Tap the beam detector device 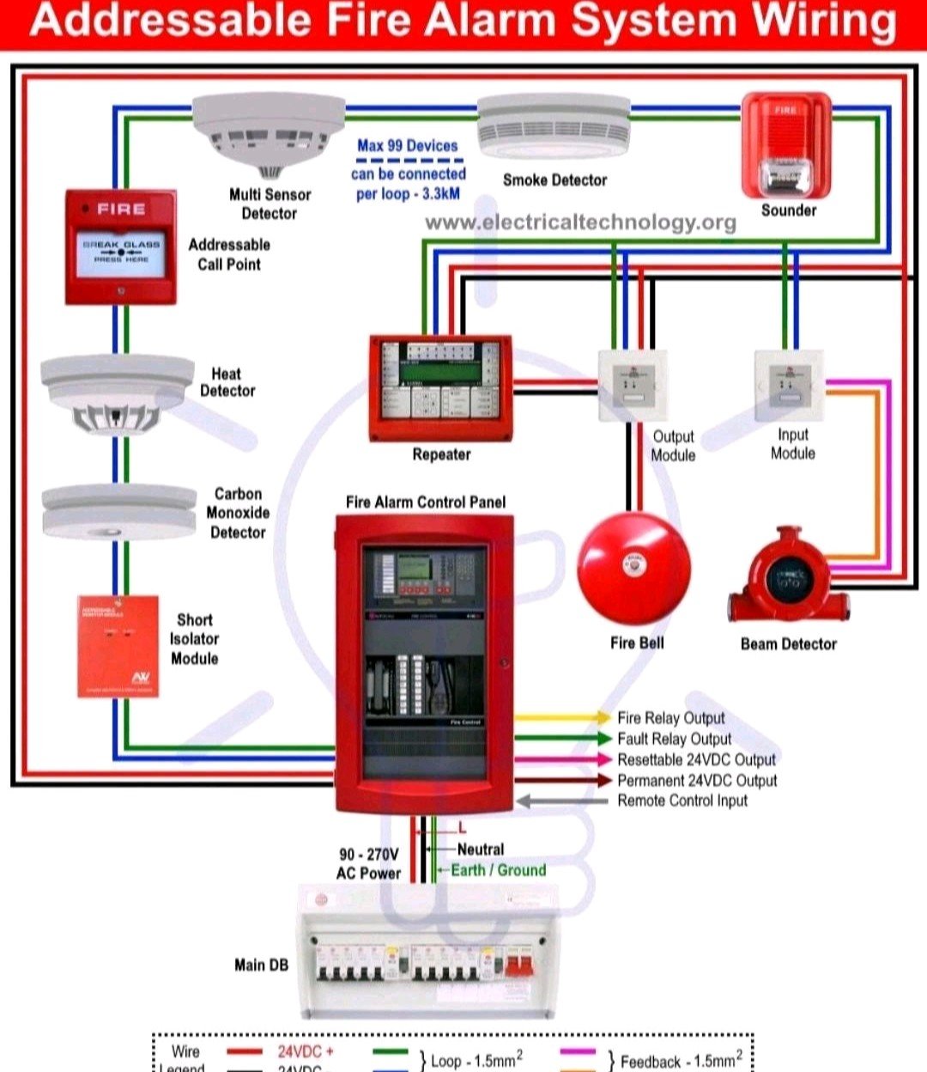[788, 575]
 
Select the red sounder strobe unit [785, 146]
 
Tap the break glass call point [121, 247]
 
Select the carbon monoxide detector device [118, 512]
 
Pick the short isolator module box [118, 646]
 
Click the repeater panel [440, 388]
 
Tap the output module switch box [633, 385]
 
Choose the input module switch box [788, 384]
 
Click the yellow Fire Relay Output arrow [562, 717]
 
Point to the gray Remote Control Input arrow [562, 801]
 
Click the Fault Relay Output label [674, 739]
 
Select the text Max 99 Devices [407, 146]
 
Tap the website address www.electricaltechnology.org [580, 223]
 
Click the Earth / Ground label [499, 870]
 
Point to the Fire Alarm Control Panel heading [426, 502]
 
